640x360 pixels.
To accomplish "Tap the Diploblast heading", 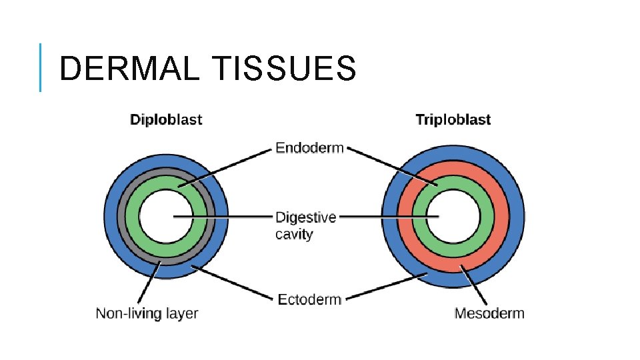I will click(x=166, y=120).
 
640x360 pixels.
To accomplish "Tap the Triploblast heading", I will click(x=453, y=120).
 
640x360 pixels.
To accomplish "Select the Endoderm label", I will click(x=309, y=148).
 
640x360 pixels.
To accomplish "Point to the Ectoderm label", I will click(x=309, y=299).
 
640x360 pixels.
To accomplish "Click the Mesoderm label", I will click(x=489, y=313).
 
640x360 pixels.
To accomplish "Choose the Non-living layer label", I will click(x=147, y=313).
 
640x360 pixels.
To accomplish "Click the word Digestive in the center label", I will click(x=306, y=217).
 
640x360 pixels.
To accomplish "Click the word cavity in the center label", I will click(x=294, y=235).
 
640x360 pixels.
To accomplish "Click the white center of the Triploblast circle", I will click(x=453, y=227).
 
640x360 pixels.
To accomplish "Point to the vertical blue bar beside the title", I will click(x=40, y=67).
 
